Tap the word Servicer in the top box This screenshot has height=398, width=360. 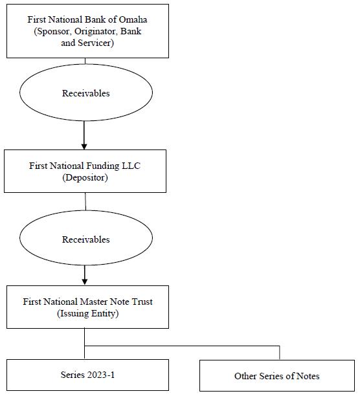click(x=96, y=43)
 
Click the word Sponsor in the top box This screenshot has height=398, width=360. click(x=53, y=32)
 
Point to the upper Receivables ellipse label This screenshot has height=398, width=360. click(x=86, y=93)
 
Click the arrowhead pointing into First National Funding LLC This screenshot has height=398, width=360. click(x=84, y=146)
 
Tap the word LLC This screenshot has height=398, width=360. click(x=131, y=166)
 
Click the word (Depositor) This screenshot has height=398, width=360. click(x=85, y=177)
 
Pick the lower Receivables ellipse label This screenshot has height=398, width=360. click(x=86, y=239)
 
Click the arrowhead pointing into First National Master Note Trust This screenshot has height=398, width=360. click(x=85, y=282)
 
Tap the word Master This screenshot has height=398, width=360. click(x=94, y=302)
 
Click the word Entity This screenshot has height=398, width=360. click(x=105, y=313)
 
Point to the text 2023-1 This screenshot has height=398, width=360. click(x=101, y=375)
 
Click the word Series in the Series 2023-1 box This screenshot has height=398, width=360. click(x=73, y=375)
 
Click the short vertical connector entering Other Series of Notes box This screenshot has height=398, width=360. click(x=280, y=353)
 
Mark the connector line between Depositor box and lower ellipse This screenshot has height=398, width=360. click(x=85, y=201)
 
